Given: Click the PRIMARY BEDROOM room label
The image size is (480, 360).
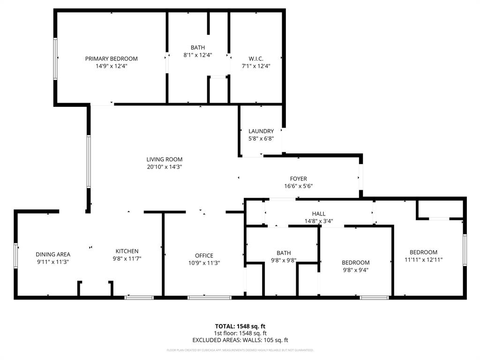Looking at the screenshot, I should click(111, 59).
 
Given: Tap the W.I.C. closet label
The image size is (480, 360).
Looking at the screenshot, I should click(256, 59).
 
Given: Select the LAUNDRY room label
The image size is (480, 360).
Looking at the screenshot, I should click(261, 131).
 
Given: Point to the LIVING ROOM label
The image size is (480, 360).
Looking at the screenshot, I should click(164, 159).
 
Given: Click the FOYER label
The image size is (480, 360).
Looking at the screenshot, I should click(298, 179).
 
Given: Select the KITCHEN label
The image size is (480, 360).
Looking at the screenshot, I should click(127, 251).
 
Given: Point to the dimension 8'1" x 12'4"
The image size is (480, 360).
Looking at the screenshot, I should click(197, 55).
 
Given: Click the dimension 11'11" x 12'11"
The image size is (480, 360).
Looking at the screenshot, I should click(423, 259).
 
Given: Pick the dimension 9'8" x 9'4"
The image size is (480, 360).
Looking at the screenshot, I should click(355, 270).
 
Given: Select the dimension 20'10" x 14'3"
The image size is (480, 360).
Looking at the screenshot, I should click(164, 167).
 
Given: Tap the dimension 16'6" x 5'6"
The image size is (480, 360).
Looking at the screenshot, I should click(298, 186).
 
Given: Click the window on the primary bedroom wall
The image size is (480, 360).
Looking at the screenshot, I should click(55, 59).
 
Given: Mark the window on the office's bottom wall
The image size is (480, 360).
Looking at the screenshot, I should click(209, 297).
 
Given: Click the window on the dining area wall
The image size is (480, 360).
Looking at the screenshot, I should click(16, 256).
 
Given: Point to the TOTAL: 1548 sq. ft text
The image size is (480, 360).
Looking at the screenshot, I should click(240, 326).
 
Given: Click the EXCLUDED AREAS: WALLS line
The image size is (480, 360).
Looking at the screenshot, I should click(240, 340).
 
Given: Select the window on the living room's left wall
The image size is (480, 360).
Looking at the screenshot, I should click(89, 162).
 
